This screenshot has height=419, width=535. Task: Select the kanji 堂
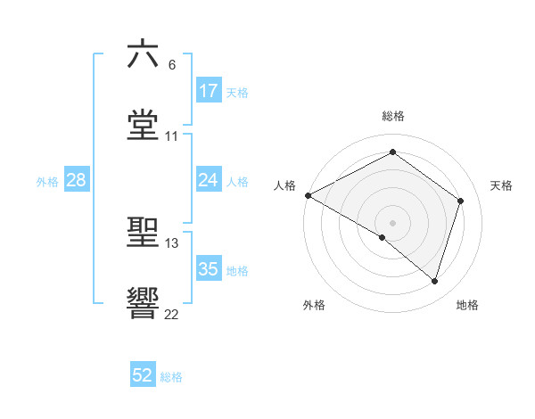click(143, 126)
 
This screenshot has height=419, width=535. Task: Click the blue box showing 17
click(209, 91)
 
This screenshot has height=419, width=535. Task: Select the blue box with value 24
click(209, 180)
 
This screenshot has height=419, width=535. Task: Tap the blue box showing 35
click(209, 269)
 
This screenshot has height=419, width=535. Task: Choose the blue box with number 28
click(77, 180)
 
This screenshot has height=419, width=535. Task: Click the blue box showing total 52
click(143, 375)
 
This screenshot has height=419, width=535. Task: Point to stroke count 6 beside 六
click(172, 65)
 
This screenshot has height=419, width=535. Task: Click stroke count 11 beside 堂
click(172, 136)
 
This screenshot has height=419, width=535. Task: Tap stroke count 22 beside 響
click(172, 314)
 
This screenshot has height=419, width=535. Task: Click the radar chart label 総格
click(393, 116)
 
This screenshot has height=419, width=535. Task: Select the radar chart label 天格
click(502, 185)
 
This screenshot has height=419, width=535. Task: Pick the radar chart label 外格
click(314, 305)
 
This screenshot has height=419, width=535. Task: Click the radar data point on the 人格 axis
click(308, 195)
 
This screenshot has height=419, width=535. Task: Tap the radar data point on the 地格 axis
click(434, 281)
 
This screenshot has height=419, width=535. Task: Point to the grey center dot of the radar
click(392, 222)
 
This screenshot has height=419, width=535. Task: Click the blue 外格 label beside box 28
click(46, 181)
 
